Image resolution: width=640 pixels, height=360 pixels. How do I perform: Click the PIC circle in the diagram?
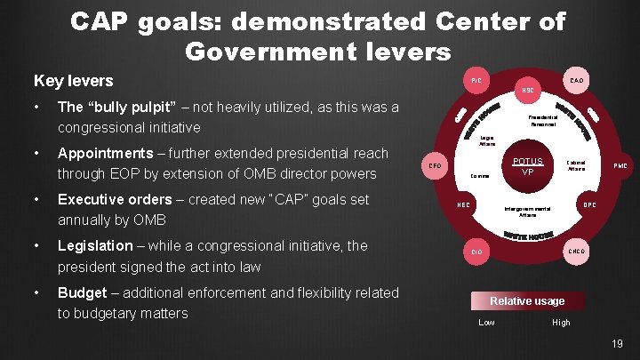click(476, 81)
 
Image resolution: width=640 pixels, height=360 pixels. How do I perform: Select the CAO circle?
click(577, 81)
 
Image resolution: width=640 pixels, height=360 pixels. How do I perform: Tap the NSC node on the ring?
click(528, 91)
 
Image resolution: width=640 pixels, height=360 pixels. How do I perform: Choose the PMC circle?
click(620, 165)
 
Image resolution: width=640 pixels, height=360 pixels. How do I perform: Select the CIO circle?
click(476, 252)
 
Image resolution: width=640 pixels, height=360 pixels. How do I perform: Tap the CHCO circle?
click(577, 252)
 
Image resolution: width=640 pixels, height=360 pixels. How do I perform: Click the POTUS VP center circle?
click(527, 166)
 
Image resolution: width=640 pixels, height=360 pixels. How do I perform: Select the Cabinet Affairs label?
click(576, 165)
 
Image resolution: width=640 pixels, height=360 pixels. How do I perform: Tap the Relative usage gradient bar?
click(527, 300)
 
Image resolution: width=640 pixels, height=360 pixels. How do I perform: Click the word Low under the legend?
click(486, 322)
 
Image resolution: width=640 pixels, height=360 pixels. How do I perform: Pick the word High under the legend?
click(562, 322)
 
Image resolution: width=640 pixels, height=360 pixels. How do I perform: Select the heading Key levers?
click(73, 81)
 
